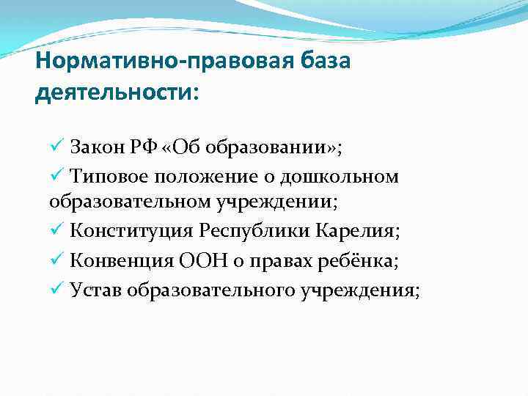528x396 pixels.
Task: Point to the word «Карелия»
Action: coord(356,232)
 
